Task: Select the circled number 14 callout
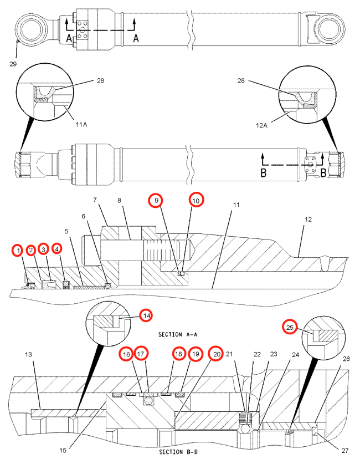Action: (146, 315)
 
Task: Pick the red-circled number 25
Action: (290, 328)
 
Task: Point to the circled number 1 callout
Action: (18, 251)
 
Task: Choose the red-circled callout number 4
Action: (58, 249)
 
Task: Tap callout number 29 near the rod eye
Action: (13, 64)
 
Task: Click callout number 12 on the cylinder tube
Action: (307, 220)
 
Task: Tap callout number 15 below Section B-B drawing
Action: (63, 450)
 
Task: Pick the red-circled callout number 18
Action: (178, 354)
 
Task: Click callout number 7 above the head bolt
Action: (95, 200)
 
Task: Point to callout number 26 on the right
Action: (346, 359)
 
